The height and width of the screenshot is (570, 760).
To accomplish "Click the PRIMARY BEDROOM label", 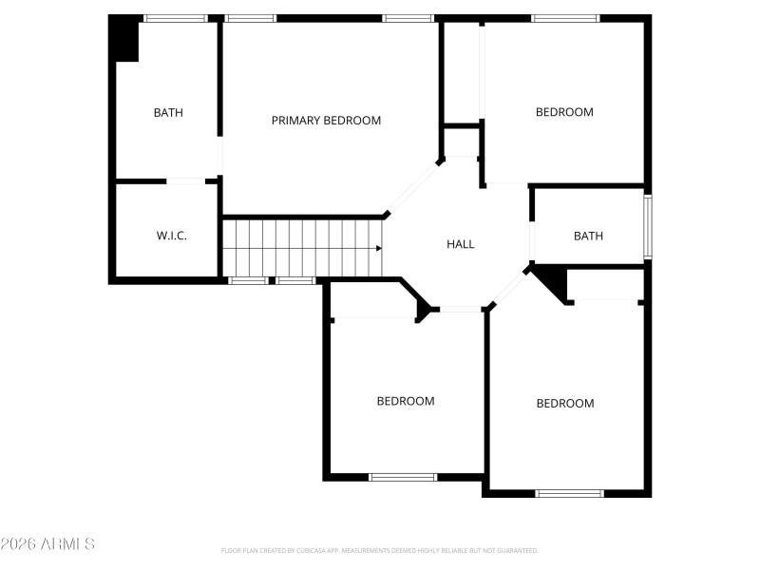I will tap(326, 121).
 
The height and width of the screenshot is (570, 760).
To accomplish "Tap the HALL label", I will tap(461, 244).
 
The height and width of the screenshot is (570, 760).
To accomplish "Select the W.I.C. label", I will tap(171, 236).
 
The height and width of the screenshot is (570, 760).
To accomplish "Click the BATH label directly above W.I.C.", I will tap(168, 113).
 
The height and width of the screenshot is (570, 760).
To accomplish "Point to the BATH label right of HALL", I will tap(588, 237).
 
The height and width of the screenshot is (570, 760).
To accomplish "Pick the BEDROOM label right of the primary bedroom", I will tap(564, 112).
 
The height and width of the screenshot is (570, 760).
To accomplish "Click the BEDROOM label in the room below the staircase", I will tap(406, 401).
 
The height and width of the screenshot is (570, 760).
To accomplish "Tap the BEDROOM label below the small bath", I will tap(565, 404).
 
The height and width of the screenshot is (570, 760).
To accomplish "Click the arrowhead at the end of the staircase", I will tap(379, 249).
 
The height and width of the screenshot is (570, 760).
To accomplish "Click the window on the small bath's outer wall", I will tap(648, 227).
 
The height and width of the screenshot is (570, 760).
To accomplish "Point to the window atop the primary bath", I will tap(175, 18).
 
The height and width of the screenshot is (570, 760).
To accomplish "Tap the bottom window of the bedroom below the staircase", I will tap(403, 477).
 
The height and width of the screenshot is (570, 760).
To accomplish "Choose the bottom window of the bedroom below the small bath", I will tap(570, 493).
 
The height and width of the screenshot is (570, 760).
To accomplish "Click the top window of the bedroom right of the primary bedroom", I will tap(565, 18).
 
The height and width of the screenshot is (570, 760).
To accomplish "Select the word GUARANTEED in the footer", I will tap(519, 551).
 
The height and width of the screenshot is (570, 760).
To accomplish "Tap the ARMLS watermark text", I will tap(47, 544).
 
